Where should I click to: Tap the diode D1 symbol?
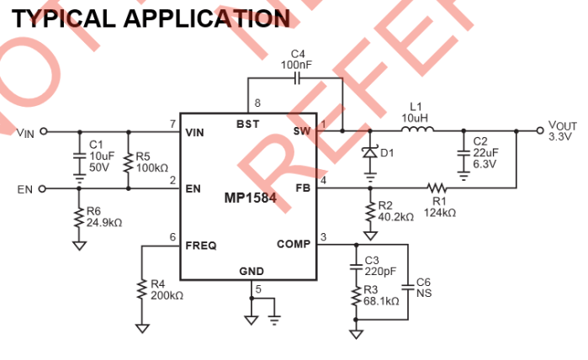click(x=368, y=154)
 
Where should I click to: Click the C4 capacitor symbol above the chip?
click(x=297, y=78)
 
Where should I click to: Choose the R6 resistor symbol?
click(x=79, y=219)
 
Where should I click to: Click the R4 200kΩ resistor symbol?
click(x=140, y=290)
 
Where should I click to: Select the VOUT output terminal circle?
click(x=540, y=131)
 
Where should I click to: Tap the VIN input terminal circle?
click(x=43, y=131)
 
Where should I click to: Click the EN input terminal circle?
click(x=43, y=189)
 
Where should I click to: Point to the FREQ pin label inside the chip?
click(x=201, y=246)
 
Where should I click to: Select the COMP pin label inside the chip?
click(x=294, y=245)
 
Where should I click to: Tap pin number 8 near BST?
click(x=257, y=103)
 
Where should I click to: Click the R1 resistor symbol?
click(x=436, y=189)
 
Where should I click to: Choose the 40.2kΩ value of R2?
click(x=395, y=217)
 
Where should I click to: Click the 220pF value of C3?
click(x=380, y=272)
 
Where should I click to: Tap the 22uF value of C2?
click(x=485, y=152)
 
